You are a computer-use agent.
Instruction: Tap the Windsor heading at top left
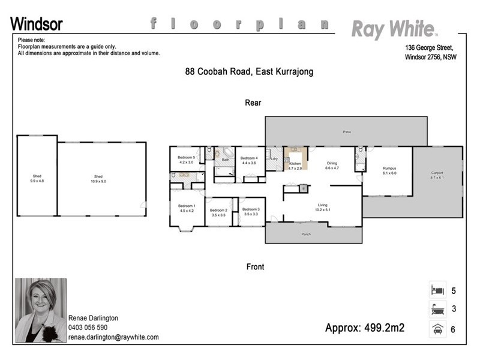37,24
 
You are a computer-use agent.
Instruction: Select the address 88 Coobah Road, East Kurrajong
249,71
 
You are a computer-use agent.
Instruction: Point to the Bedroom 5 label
187,160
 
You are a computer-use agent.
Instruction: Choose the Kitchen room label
295,165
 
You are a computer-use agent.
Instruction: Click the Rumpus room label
389,170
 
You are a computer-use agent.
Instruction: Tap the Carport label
437,175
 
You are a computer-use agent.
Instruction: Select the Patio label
346,131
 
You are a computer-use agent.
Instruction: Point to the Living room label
323,208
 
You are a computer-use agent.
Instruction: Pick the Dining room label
332,165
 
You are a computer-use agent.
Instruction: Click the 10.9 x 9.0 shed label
98,179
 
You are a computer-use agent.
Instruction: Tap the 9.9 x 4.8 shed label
37,179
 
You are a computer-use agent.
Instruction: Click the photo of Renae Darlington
40,310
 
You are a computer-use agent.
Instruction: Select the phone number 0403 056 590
88,328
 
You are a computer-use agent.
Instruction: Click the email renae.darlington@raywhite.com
113,337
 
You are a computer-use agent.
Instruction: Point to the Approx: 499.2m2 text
365,328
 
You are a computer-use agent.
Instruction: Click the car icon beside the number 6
437,329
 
